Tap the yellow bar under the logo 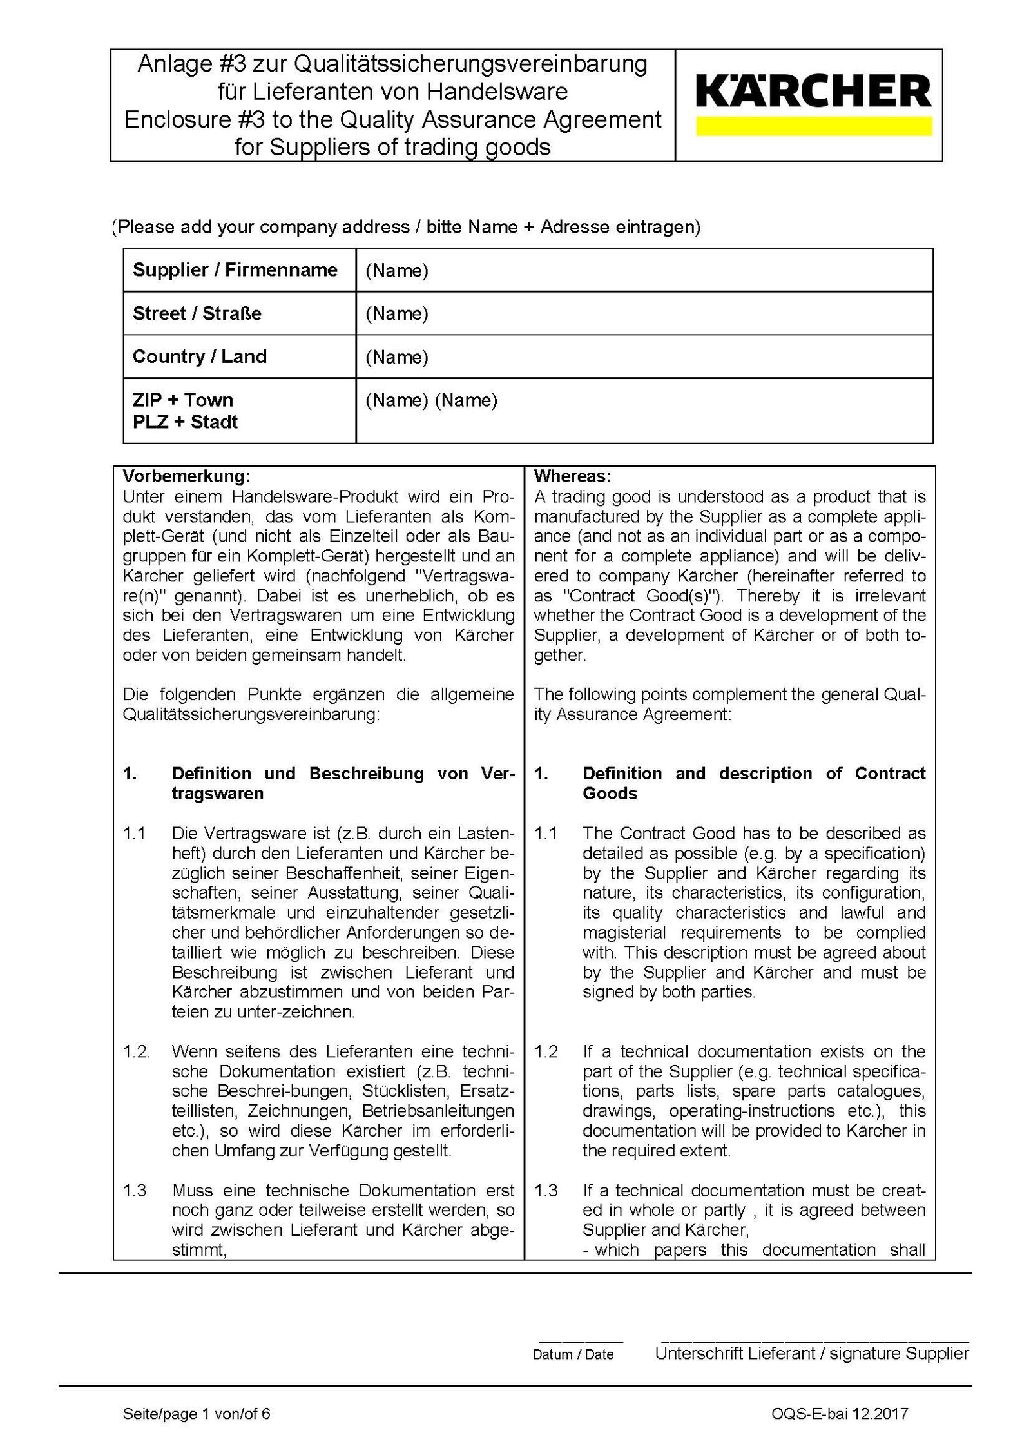click(x=813, y=126)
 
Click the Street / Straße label click(x=197, y=313)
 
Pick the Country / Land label click(x=199, y=356)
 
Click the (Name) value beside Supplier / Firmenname click(x=396, y=270)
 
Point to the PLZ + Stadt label click(x=185, y=422)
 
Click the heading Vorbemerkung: click(x=186, y=476)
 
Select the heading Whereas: click(x=572, y=476)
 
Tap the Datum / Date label click(x=573, y=1354)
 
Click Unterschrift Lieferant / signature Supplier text click(x=811, y=1353)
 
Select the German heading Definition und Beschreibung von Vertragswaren click(x=343, y=783)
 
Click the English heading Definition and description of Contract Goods click(x=753, y=783)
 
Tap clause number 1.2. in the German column click(x=136, y=1051)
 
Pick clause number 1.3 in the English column click(x=546, y=1190)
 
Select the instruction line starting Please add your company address click(x=406, y=227)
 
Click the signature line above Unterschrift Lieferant click(x=814, y=1340)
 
